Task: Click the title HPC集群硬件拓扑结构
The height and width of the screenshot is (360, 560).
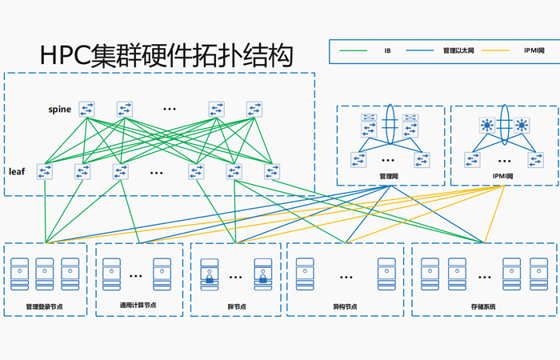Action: click(x=166, y=55)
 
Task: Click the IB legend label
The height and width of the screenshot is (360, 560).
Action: click(x=387, y=51)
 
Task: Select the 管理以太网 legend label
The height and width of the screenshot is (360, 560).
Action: click(x=458, y=51)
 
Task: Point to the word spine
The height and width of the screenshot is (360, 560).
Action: click(x=59, y=109)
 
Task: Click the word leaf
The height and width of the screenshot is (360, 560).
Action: click(x=18, y=171)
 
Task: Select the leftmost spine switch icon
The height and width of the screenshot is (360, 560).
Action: click(x=86, y=109)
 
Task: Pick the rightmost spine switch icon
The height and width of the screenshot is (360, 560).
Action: click(x=254, y=109)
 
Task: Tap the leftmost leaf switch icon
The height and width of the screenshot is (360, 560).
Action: click(x=45, y=171)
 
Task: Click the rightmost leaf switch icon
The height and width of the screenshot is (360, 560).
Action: click(x=272, y=171)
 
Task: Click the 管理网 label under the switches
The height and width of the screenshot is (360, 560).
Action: click(x=389, y=176)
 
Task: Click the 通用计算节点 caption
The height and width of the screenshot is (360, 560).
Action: click(x=138, y=305)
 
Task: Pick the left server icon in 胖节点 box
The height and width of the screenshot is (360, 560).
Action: click(x=210, y=273)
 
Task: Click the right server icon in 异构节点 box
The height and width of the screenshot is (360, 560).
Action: click(x=387, y=273)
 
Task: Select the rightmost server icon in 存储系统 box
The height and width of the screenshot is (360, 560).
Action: click(x=536, y=273)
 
